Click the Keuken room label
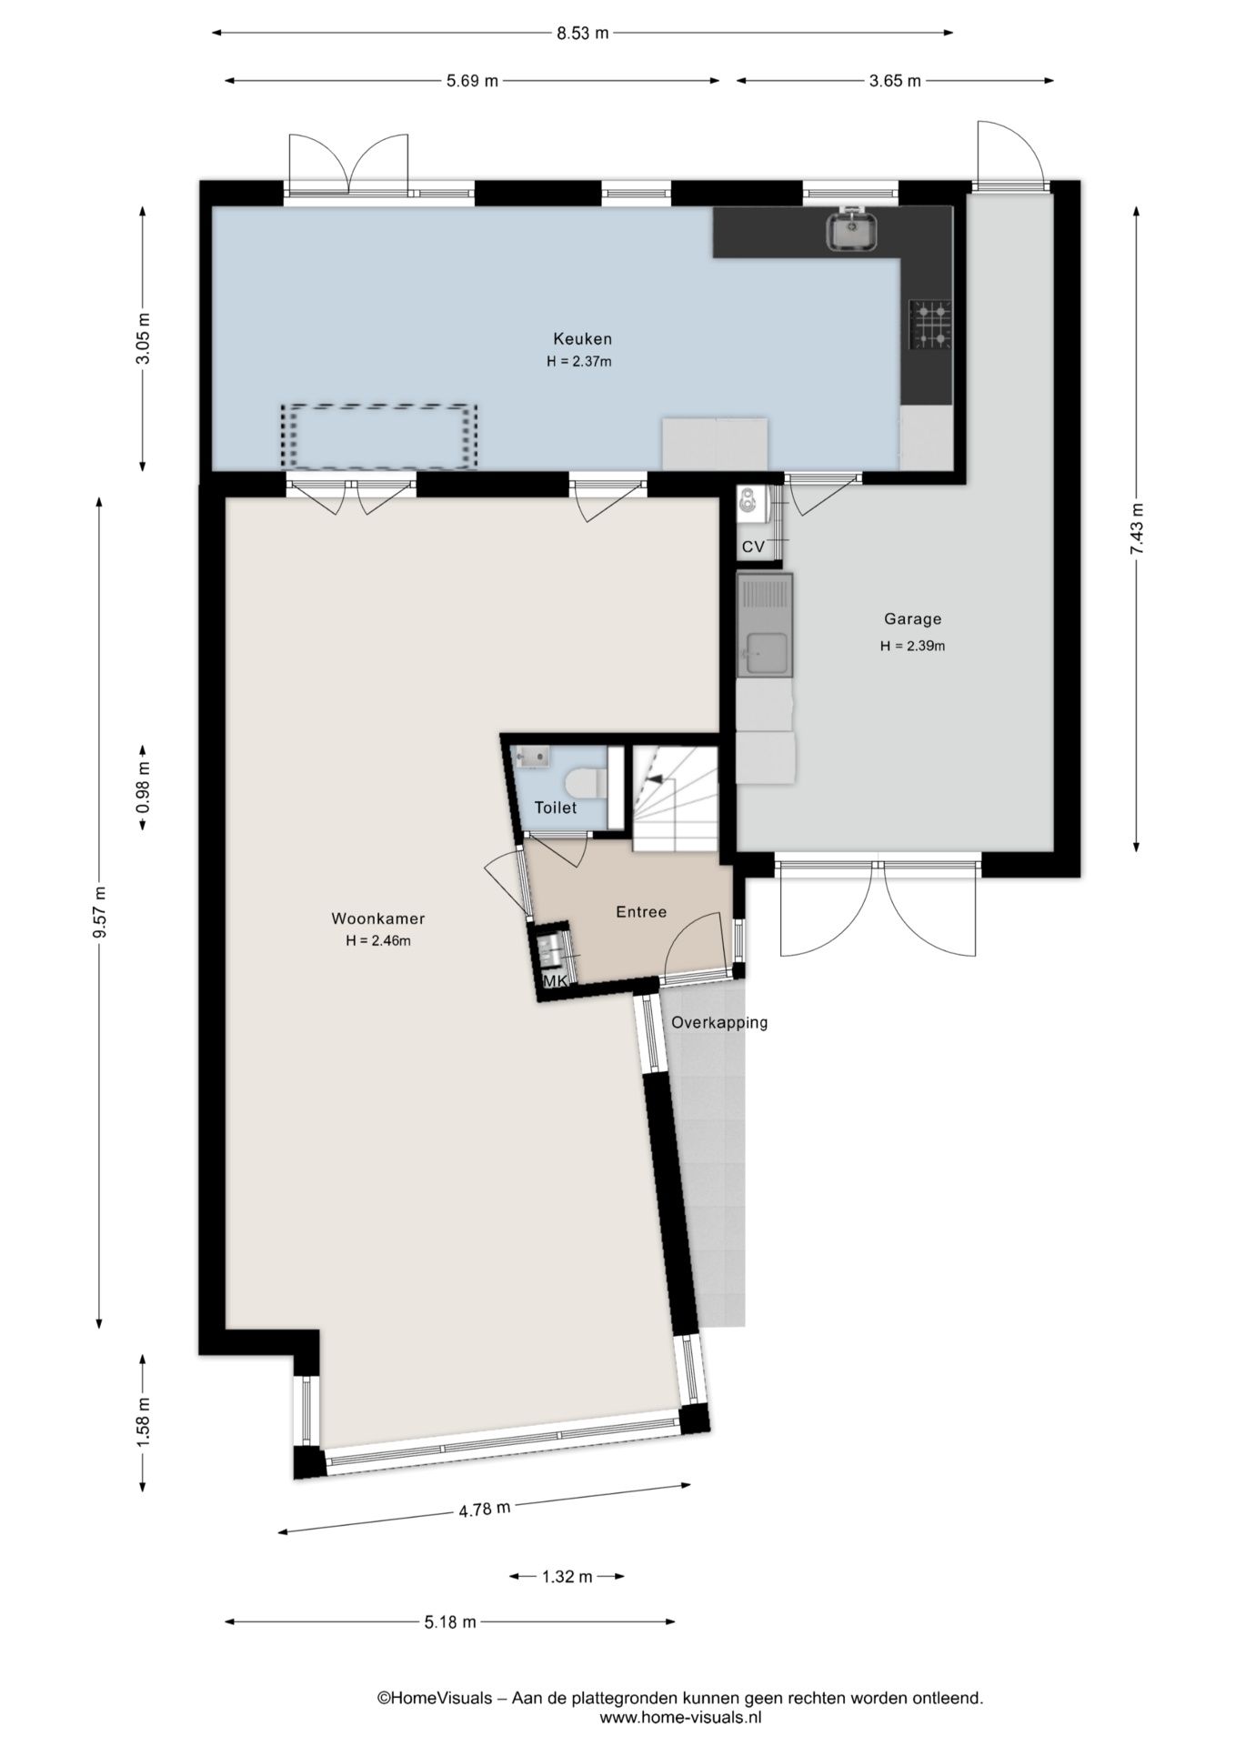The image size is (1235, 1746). point(582,339)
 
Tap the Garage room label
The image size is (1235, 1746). point(912,619)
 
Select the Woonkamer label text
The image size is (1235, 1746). point(377,918)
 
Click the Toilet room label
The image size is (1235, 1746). point(555,808)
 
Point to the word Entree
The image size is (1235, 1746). point(641,912)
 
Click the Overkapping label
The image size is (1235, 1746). point(718,1022)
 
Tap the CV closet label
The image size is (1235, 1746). point(753,547)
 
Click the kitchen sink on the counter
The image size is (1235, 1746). point(851,231)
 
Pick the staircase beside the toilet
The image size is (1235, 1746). point(674,799)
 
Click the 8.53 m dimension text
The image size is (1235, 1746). point(582,34)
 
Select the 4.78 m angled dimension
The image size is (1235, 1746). point(484,1510)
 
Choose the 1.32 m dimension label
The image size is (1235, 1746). point(567,1577)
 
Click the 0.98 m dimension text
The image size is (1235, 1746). point(143,788)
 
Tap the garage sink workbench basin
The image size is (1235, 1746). point(764,652)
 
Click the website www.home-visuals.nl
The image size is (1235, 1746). point(680,1718)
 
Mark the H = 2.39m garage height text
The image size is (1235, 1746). point(912,647)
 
